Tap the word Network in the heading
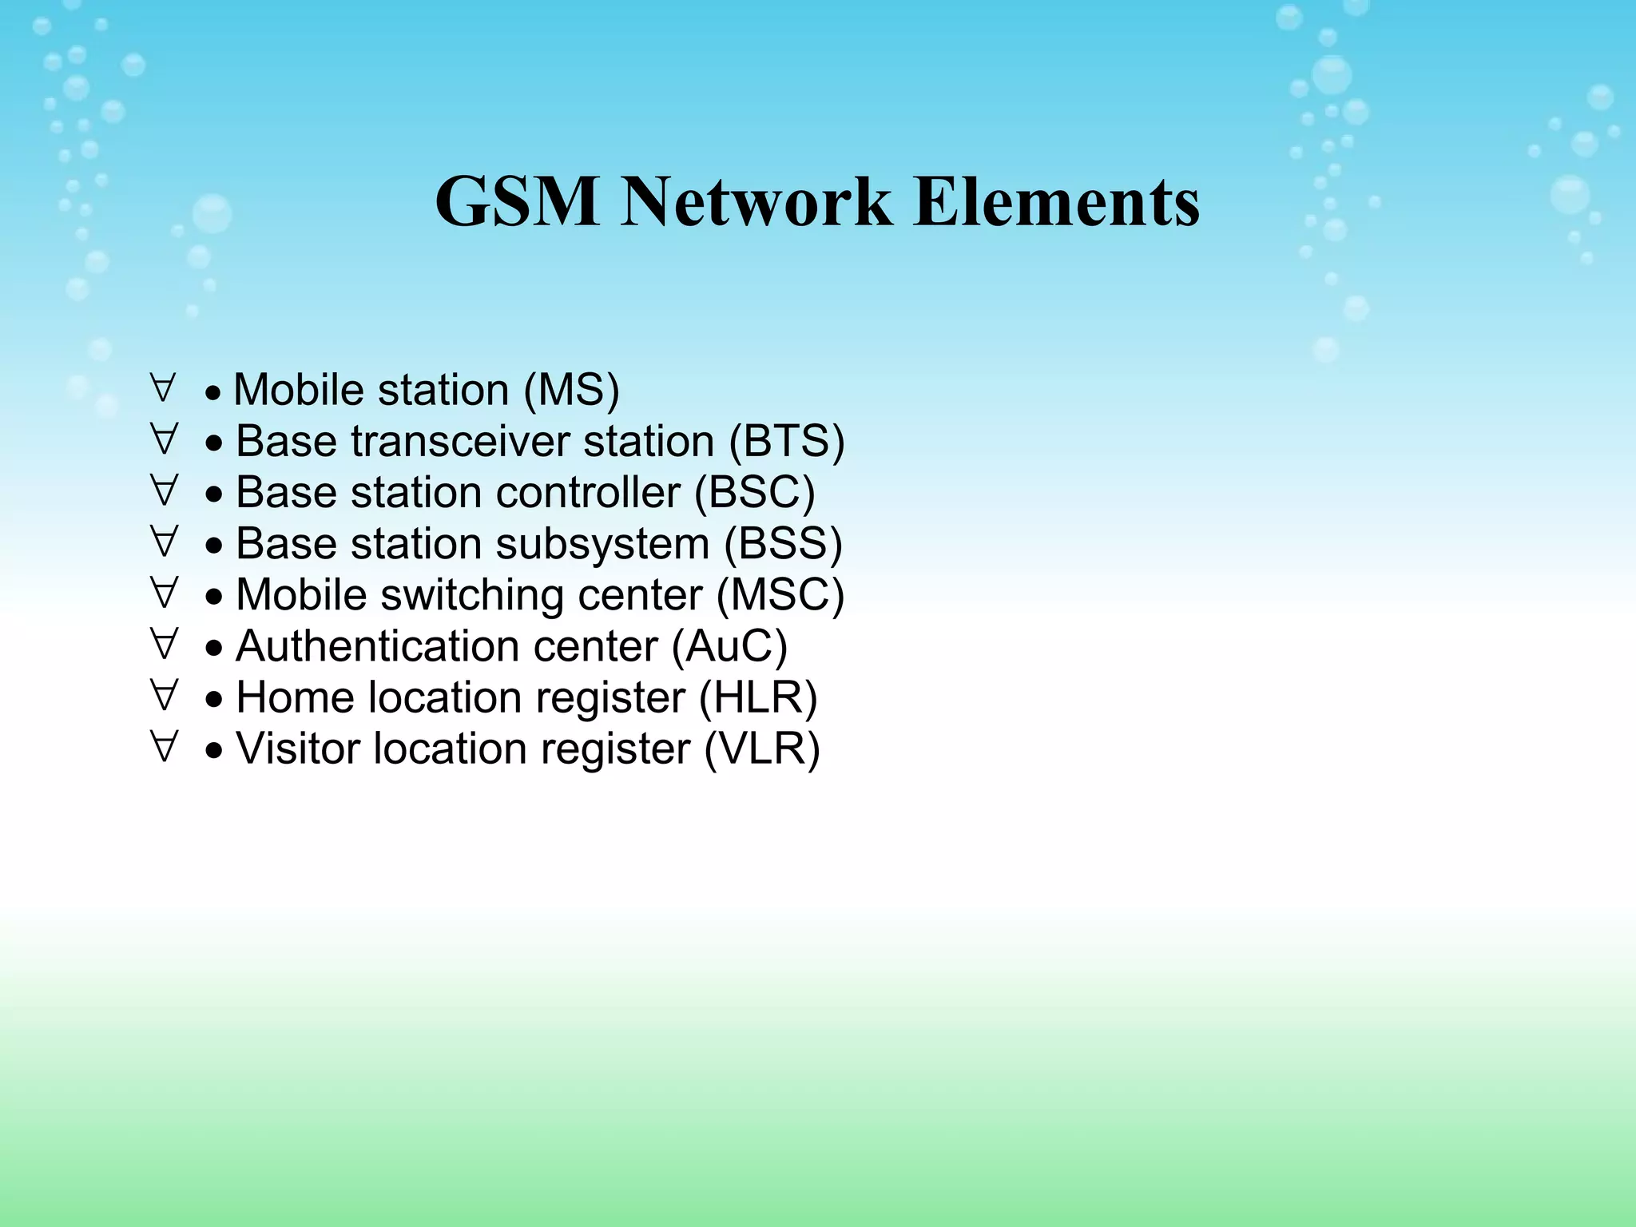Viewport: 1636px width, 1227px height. [x=756, y=201]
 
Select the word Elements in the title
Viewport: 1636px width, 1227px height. [x=1056, y=201]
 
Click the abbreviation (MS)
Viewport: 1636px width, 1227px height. [x=571, y=391]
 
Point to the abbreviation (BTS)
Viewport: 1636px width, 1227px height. [x=786, y=442]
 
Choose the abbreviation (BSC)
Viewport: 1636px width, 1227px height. [x=754, y=493]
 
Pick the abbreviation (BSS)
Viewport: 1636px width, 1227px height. [x=783, y=544]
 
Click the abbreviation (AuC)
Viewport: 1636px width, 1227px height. [x=729, y=646]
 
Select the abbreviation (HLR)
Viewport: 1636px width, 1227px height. [x=758, y=697]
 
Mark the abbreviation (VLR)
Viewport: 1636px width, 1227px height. [x=761, y=749]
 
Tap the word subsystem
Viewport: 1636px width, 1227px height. [x=602, y=544]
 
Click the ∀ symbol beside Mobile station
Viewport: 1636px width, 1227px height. [x=162, y=388]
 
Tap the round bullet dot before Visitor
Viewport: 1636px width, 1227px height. [x=213, y=752]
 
